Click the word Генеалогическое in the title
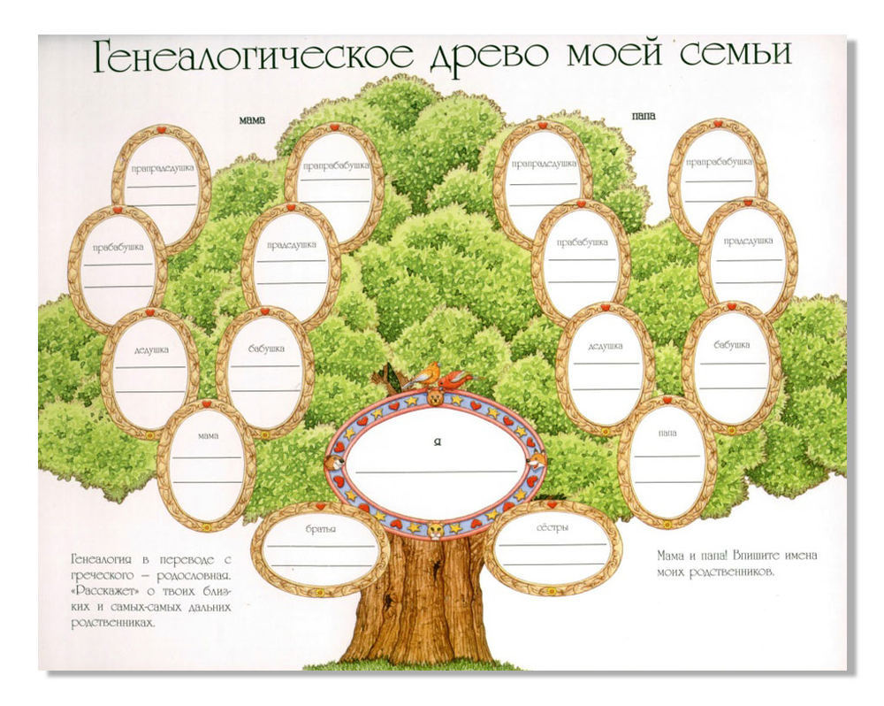[253, 56]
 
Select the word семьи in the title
[735, 54]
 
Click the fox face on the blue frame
[535, 461]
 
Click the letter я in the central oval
[437, 441]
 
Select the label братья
[320, 529]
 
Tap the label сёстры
[552, 527]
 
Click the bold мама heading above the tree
[251, 120]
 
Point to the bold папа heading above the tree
[644, 116]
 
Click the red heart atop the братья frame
[320, 506]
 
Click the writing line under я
[436, 472]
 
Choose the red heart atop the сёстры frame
[552, 504]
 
